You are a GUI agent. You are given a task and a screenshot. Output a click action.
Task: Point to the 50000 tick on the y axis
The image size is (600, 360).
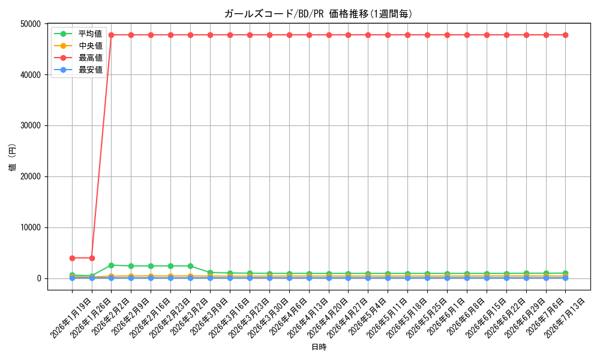(x=30, y=24)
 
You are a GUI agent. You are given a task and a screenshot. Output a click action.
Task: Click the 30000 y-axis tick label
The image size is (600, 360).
(x=30, y=126)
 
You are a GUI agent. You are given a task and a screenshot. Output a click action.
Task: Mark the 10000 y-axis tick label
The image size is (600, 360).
(x=30, y=227)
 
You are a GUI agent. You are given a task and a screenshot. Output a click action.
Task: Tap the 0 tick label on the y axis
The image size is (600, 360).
(x=38, y=278)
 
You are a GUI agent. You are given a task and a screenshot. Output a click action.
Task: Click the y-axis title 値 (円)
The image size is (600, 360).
(x=13, y=157)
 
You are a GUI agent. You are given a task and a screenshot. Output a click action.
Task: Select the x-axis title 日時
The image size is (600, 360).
(x=319, y=347)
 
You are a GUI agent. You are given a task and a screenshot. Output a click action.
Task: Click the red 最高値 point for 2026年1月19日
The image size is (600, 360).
(x=73, y=258)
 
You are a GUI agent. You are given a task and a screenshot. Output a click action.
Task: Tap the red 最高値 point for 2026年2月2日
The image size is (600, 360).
(x=112, y=35)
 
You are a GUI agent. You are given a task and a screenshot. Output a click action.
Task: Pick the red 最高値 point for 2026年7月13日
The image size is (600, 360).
(x=566, y=35)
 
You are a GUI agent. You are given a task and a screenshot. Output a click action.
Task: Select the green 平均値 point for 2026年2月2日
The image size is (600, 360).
(x=112, y=265)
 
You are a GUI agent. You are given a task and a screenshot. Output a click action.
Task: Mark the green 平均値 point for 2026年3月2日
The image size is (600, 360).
(x=191, y=266)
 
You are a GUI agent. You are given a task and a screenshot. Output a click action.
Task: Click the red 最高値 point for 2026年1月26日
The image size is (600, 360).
(x=92, y=258)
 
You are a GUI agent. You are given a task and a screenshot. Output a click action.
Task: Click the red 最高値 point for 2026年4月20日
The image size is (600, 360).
(x=329, y=35)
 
